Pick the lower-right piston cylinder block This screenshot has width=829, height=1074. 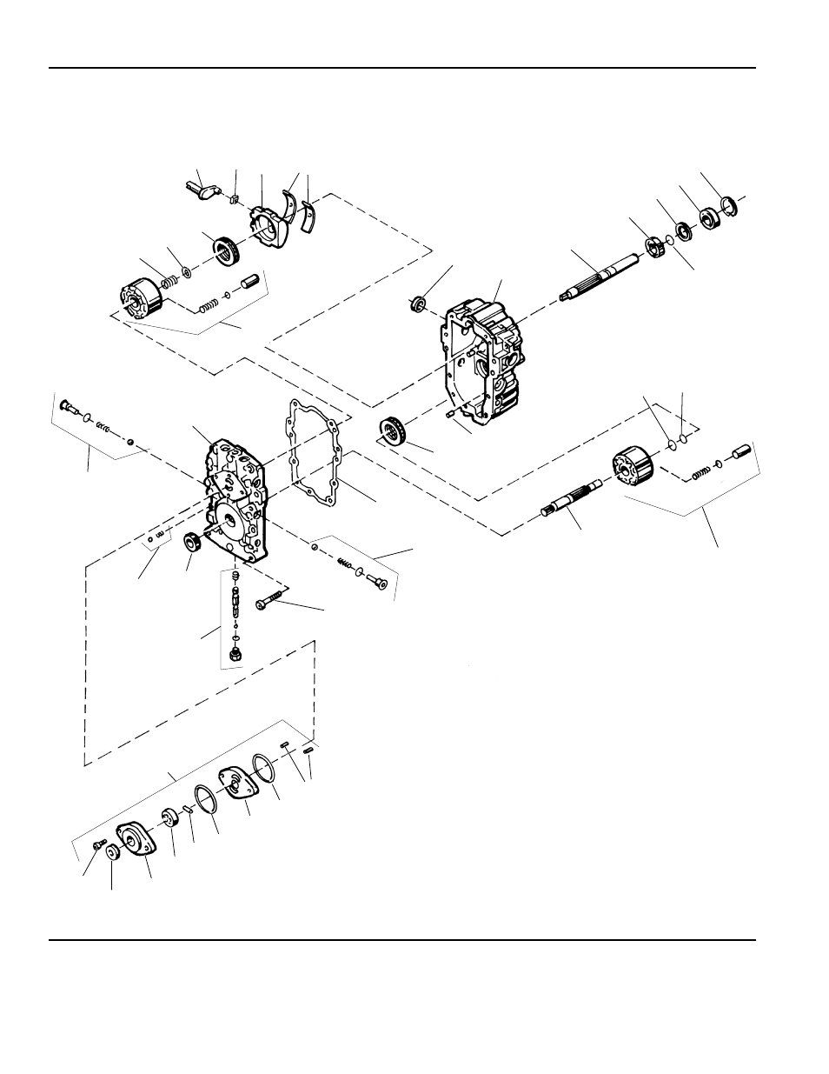[x=632, y=464]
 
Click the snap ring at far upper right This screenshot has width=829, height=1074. [x=728, y=207]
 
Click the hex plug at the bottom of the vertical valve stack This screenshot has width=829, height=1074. [x=235, y=653]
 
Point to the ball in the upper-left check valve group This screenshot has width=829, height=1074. [x=129, y=442]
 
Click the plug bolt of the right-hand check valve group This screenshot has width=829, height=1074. [x=377, y=580]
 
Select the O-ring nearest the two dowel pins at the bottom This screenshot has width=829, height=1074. [x=263, y=770]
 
